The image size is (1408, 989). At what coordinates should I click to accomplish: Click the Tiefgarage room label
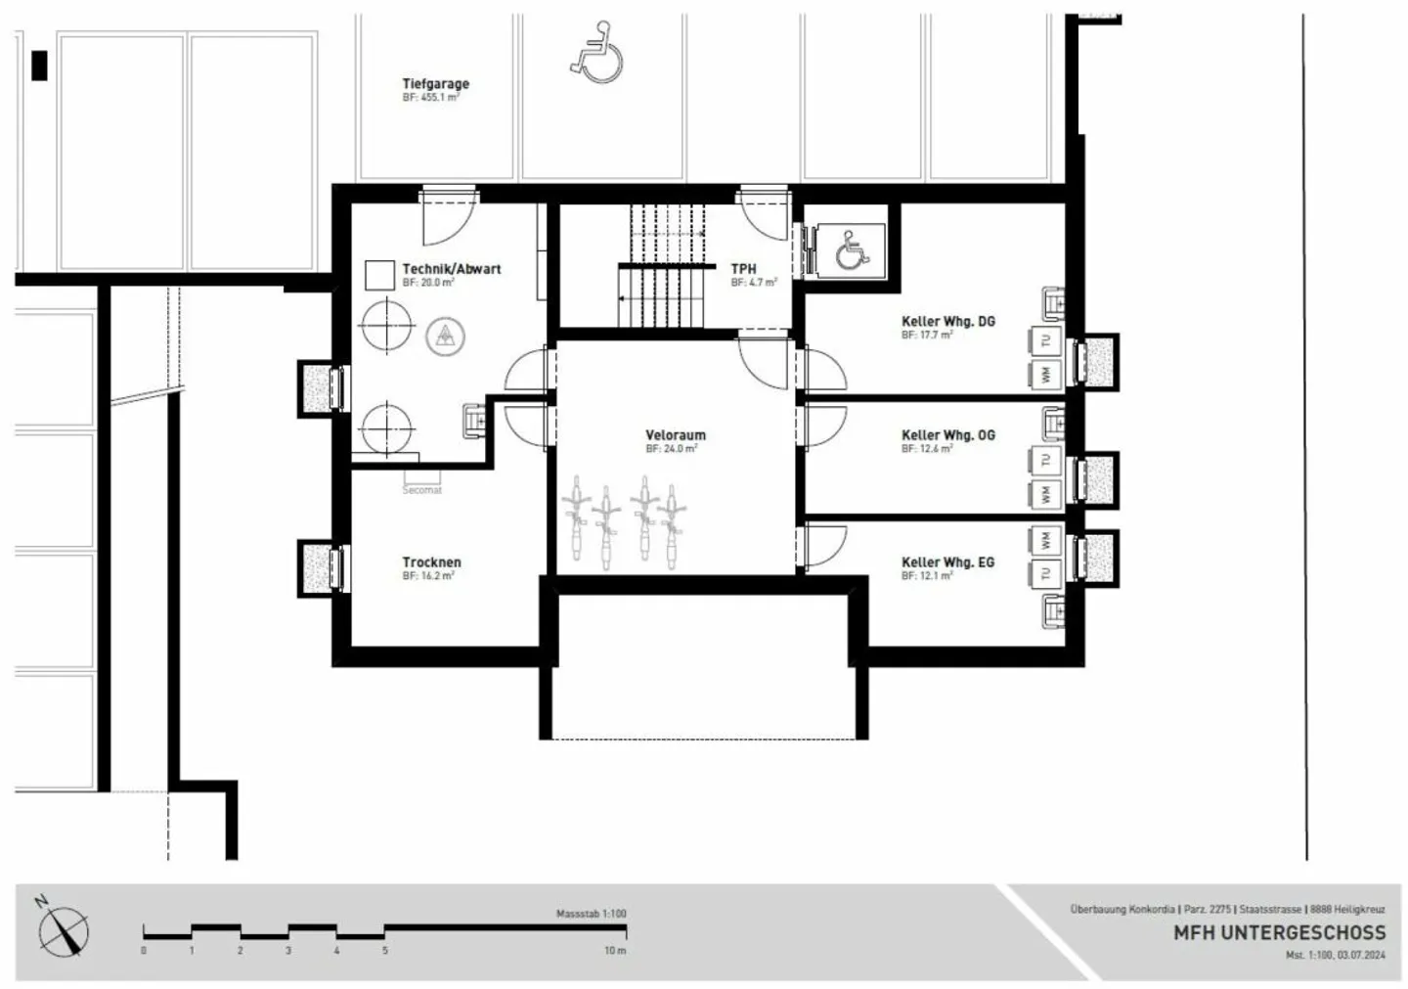click(435, 84)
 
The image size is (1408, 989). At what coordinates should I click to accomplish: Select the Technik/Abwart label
click(451, 269)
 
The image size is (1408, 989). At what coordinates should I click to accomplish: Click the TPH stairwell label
click(743, 269)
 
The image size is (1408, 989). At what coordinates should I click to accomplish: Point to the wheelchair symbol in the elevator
click(851, 251)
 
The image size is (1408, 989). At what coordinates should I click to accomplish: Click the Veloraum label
click(675, 435)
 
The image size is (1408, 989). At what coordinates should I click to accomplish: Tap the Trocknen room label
click(431, 562)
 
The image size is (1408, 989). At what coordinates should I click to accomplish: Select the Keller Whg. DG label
click(947, 321)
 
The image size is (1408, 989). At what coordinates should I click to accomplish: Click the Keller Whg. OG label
click(947, 435)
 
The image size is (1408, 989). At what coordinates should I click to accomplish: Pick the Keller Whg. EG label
click(947, 562)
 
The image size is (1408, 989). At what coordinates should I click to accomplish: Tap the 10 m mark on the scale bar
click(615, 950)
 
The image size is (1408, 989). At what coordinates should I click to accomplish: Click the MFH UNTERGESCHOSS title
click(1279, 932)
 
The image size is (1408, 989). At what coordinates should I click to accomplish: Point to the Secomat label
click(422, 490)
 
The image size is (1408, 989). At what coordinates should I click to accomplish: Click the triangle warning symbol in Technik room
click(446, 337)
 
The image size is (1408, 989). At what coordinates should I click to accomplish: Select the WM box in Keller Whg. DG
click(1045, 374)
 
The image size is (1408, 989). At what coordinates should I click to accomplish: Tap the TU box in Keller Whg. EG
click(1045, 572)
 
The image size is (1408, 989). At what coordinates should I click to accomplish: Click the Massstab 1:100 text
click(591, 914)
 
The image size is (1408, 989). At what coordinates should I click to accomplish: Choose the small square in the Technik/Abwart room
click(379, 275)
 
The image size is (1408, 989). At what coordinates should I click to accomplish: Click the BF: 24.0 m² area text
click(671, 449)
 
